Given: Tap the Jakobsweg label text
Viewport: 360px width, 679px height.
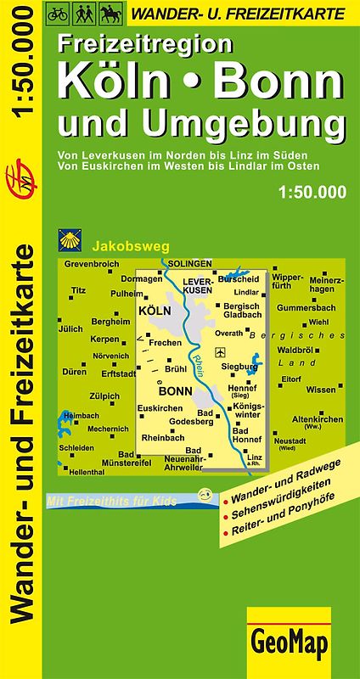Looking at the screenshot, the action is (121, 242).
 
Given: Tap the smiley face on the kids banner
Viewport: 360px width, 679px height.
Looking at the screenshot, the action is (202, 494).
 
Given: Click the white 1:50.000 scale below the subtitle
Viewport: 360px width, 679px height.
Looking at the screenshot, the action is (312, 193).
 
